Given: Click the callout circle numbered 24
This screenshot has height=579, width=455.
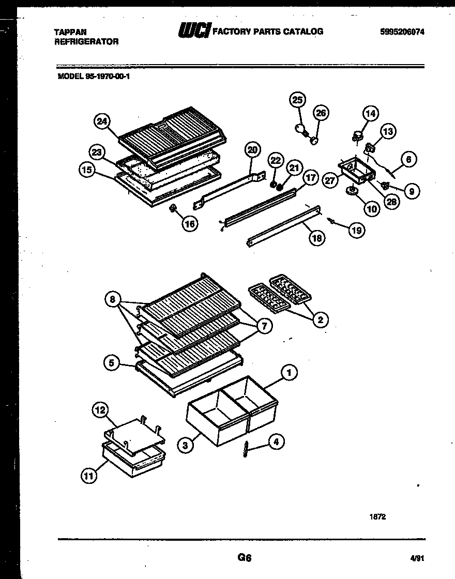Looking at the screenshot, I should click(102, 121).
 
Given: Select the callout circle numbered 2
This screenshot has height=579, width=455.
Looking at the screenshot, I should click(320, 320).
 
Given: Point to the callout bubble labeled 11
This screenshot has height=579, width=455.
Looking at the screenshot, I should click(89, 476).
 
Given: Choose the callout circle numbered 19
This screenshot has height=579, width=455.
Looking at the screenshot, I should click(356, 230).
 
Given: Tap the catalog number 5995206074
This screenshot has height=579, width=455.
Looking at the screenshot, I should click(402, 32).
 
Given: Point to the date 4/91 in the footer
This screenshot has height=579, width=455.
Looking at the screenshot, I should click(415, 558).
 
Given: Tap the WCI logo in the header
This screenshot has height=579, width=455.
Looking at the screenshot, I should click(194, 31).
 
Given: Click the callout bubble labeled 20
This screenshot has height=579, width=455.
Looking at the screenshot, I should click(252, 150).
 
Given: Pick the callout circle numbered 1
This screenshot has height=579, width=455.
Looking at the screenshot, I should click(289, 373).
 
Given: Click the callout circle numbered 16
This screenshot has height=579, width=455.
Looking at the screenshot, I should click(191, 224).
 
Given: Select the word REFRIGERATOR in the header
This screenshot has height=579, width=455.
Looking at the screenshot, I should click(86, 41).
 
